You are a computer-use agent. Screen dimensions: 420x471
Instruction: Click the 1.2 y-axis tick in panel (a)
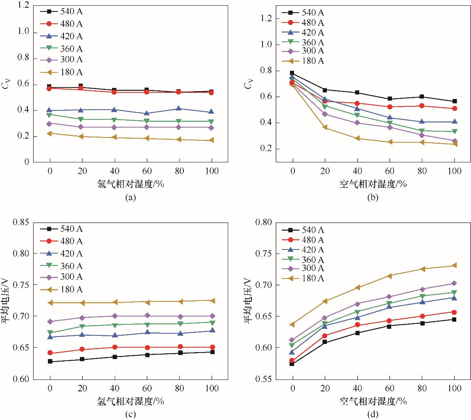click(x=23, y=5)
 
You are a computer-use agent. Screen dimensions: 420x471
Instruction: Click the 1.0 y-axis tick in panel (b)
click(x=266, y=44)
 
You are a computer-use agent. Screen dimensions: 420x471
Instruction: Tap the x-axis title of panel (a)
click(x=131, y=184)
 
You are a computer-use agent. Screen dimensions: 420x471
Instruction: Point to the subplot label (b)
click(x=373, y=198)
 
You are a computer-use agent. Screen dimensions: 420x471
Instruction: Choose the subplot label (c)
click(x=131, y=415)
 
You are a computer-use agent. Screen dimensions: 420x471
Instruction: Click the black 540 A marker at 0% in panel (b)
click(x=292, y=73)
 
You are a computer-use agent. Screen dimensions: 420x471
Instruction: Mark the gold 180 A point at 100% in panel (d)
click(x=454, y=265)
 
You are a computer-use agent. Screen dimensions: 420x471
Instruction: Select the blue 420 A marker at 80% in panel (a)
click(x=179, y=108)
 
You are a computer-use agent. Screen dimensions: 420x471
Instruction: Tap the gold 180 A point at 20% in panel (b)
click(x=325, y=128)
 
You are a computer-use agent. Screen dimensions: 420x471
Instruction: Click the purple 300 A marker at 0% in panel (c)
click(x=50, y=321)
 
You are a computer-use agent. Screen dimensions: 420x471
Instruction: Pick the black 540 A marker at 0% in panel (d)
click(x=292, y=364)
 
